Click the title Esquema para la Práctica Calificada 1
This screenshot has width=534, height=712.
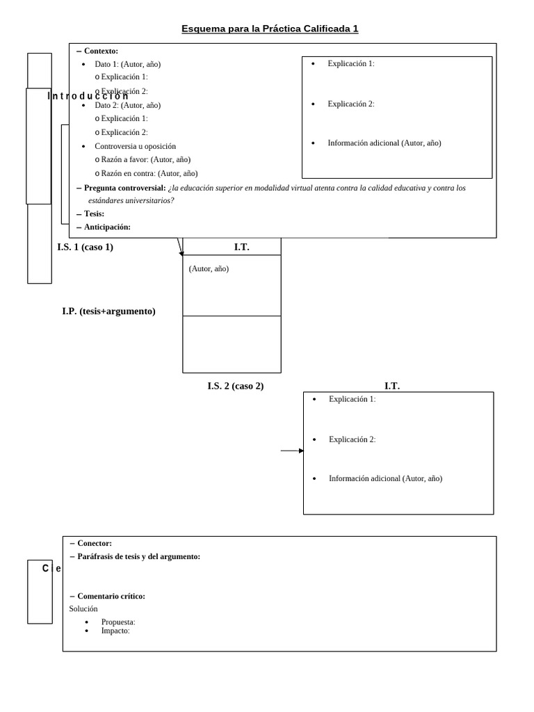270,29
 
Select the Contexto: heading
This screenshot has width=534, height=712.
101,51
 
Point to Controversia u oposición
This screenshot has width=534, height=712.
135,146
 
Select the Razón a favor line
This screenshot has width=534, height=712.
146,159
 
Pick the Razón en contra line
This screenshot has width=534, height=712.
149,173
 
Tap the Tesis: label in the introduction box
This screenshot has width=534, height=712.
94,213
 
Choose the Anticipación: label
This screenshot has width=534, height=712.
107,227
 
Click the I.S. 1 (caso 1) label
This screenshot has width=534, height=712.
85,247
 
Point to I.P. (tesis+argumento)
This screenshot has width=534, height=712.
108,311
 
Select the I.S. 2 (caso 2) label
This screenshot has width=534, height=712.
235,386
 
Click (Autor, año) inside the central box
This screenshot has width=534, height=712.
209,268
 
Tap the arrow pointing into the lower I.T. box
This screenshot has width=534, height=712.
292,451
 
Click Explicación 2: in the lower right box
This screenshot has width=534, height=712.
352,439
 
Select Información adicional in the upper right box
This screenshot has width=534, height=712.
384,143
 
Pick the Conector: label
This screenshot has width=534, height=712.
95,543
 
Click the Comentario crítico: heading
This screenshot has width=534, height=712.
111,596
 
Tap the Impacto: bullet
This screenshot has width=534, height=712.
115,631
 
